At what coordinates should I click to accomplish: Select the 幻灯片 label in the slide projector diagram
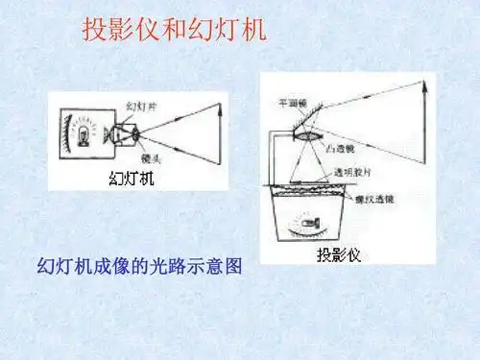pos(140,106)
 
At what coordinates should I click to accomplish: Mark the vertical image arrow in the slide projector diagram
pos(219,132)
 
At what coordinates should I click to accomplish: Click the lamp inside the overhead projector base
pos(305,226)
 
